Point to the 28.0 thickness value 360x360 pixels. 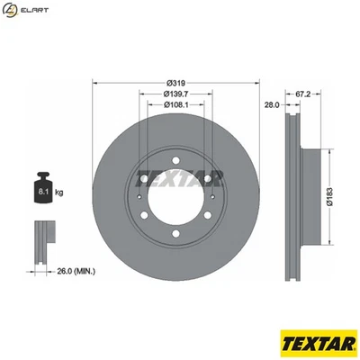pos(270,104)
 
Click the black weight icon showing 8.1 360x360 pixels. pos(41,188)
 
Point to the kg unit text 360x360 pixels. pos(59,192)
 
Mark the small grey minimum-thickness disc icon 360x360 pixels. pos(42,238)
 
